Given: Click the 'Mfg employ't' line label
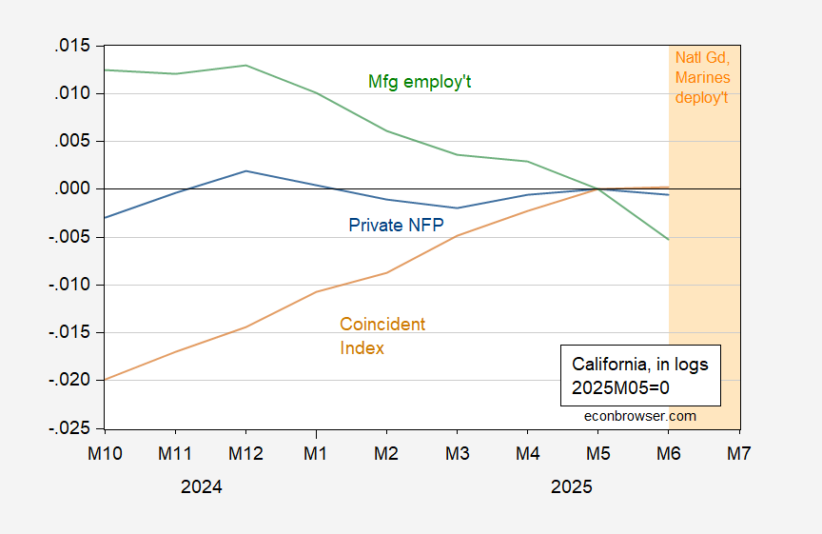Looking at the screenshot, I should (420, 82).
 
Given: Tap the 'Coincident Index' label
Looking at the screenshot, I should (382, 336).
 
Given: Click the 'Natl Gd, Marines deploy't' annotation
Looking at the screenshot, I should (702, 76).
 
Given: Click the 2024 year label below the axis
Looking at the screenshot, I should (201, 486).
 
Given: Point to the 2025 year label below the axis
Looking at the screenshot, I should (571, 486).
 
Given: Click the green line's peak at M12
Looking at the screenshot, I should (245, 65).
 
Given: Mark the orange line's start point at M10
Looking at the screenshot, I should (105, 380).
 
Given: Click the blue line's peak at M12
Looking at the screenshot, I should (245, 171).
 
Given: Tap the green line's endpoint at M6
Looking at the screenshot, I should (669, 239).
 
